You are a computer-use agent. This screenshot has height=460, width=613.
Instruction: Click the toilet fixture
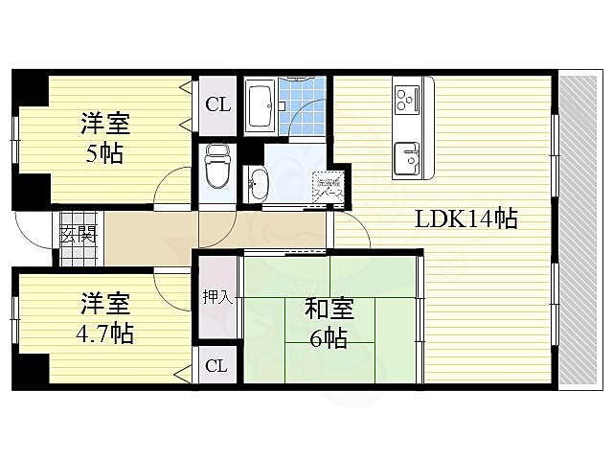(x=216, y=169)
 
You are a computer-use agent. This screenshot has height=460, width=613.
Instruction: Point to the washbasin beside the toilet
(x=259, y=183)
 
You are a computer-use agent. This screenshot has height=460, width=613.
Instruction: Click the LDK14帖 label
(x=465, y=219)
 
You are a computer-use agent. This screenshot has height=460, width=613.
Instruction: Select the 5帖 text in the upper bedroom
(x=104, y=153)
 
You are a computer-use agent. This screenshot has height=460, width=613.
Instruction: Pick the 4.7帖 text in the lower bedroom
(x=104, y=334)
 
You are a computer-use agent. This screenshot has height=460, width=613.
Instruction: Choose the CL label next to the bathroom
(x=217, y=103)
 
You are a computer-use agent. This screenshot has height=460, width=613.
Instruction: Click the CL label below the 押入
(x=216, y=365)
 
